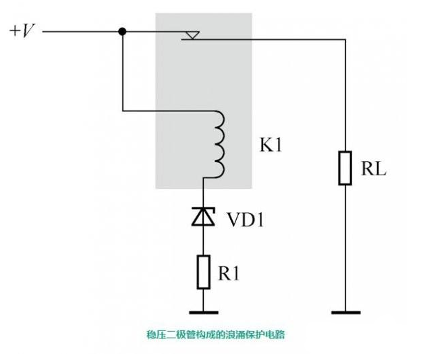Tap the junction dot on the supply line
121,31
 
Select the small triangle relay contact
192,34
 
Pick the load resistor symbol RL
345,168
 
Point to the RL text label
376,169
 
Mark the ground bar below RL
345,312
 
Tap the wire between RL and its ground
345,249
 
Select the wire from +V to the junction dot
81,31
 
